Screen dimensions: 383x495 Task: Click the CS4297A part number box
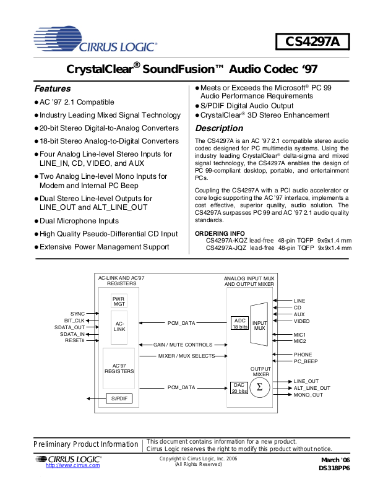coord(312,41)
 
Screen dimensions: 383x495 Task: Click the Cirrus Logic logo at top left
coord(95,39)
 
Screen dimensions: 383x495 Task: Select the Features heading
coord(53,88)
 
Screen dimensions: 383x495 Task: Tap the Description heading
coord(219,128)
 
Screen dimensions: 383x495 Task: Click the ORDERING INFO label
coord(220,234)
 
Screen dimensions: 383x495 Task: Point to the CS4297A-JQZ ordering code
coord(226,248)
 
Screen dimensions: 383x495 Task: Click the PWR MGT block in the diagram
coord(119,301)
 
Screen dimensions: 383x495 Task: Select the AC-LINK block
coord(119,327)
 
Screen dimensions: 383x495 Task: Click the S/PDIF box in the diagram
coord(119,398)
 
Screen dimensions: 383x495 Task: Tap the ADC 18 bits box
coord(239,323)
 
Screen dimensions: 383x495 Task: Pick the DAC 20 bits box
coord(239,388)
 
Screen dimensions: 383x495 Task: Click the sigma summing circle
coord(259,387)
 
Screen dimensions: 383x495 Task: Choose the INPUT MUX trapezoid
coord(259,324)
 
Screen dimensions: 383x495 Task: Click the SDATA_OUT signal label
coord(69,327)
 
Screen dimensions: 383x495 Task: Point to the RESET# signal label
coord(74,340)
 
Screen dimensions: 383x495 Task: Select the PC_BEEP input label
coord(306,361)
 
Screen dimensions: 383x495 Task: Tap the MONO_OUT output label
coord(308,395)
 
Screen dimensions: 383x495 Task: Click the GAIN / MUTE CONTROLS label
coord(183,345)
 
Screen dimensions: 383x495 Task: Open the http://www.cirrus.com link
coord(72,465)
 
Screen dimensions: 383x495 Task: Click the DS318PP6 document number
coord(334,468)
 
